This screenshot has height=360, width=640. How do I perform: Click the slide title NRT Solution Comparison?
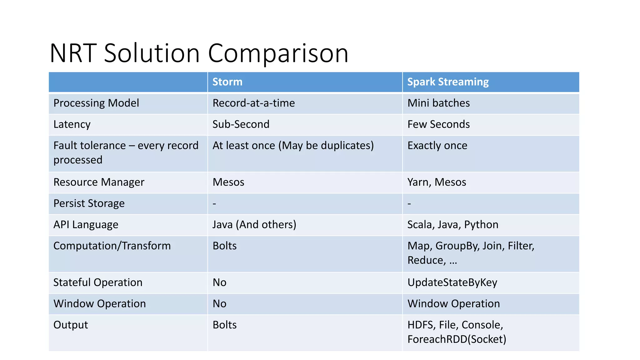(x=199, y=53)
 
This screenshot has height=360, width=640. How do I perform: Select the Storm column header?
(x=227, y=82)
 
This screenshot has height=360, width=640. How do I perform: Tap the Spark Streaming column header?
(x=447, y=82)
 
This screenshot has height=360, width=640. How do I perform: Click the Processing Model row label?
(x=96, y=103)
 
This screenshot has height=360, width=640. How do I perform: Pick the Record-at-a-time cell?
(x=253, y=103)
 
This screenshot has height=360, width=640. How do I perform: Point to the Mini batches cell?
(x=438, y=103)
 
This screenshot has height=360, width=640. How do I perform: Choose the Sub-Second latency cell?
(x=241, y=124)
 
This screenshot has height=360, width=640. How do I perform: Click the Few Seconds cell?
(x=438, y=124)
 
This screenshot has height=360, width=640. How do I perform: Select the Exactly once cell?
(x=437, y=146)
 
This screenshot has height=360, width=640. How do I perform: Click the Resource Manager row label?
(x=99, y=182)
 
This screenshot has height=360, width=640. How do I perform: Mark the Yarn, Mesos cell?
(x=437, y=182)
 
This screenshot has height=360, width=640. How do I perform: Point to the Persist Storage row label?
(x=89, y=203)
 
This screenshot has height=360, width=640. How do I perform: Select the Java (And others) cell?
(x=254, y=225)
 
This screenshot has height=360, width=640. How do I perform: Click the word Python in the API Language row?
(x=481, y=225)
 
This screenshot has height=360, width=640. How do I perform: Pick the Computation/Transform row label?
(x=112, y=246)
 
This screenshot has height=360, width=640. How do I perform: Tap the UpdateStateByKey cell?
(x=452, y=282)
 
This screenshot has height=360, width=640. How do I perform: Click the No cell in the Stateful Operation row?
(x=219, y=282)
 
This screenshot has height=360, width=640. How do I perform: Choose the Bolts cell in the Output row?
(x=224, y=325)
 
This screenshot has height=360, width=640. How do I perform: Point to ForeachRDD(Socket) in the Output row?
(x=457, y=339)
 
